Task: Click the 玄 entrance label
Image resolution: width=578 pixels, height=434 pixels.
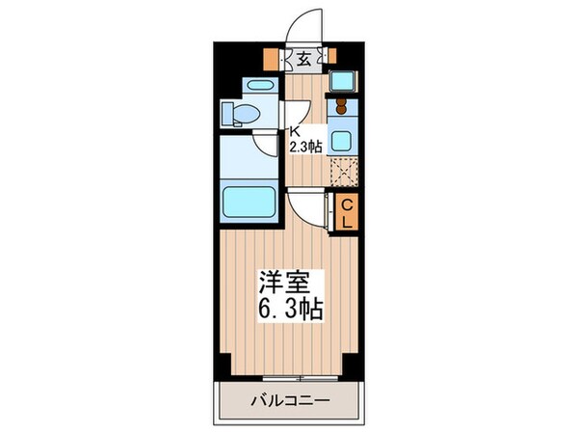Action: click(303, 60)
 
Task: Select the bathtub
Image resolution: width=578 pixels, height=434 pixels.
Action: click(249, 203)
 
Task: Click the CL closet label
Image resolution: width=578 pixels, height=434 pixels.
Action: click(348, 211)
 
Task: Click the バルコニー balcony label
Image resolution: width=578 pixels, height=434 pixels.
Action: click(289, 400)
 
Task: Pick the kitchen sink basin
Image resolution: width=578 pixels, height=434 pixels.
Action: click(341, 138)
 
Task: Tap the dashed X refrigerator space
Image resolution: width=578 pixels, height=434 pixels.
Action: click(343, 173)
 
